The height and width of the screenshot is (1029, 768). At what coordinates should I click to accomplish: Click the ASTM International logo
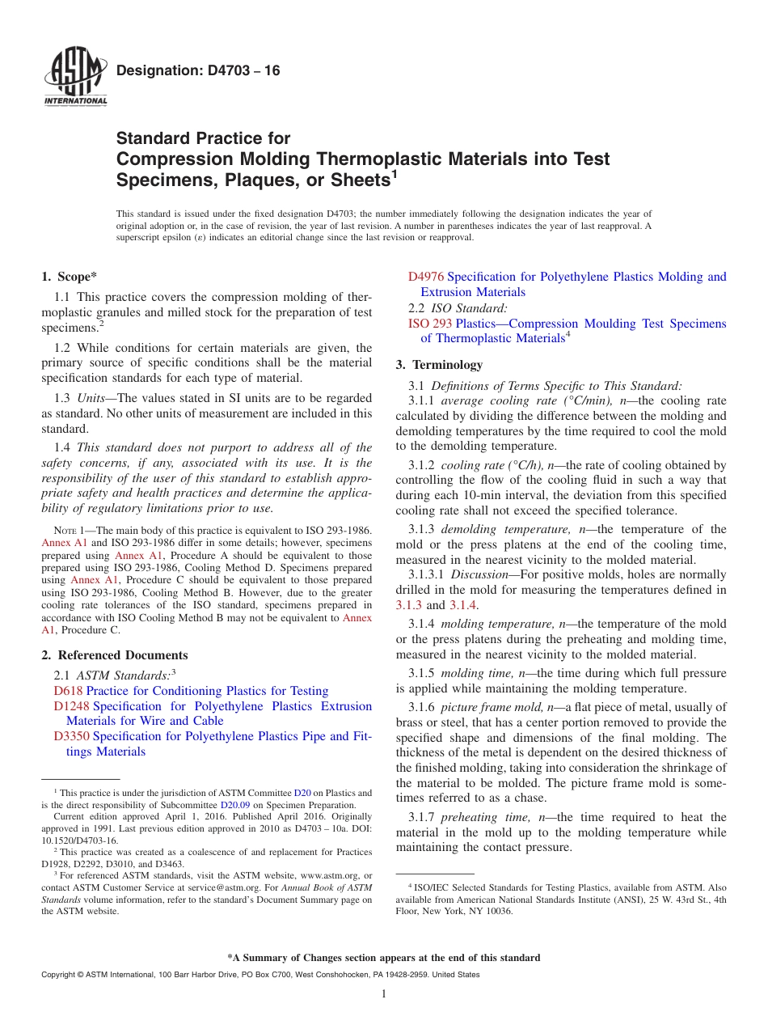(75, 77)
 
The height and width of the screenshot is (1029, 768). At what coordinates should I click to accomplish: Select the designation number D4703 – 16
(198, 71)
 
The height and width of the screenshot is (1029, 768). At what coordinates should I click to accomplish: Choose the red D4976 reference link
(425, 277)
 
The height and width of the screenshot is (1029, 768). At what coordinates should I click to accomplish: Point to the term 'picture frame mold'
(488, 707)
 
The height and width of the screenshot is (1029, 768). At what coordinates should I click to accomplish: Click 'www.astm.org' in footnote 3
(331, 875)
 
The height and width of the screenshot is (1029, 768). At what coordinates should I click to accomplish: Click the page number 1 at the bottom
(384, 994)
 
